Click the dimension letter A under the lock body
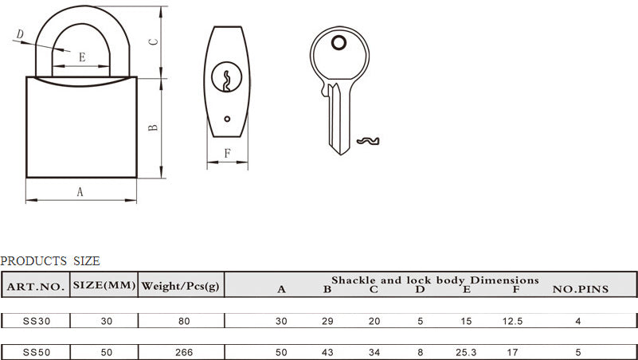click(x=80, y=192)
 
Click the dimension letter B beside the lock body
click(x=153, y=127)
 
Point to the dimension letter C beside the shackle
click(x=153, y=42)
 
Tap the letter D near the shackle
click(x=20, y=34)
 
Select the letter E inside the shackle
click(x=82, y=57)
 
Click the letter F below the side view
click(x=228, y=154)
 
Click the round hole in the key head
click(x=339, y=43)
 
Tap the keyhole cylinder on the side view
click(x=227, y=77)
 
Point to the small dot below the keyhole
click(x=227, y=119)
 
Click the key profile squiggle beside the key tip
click(x=368, y=141)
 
